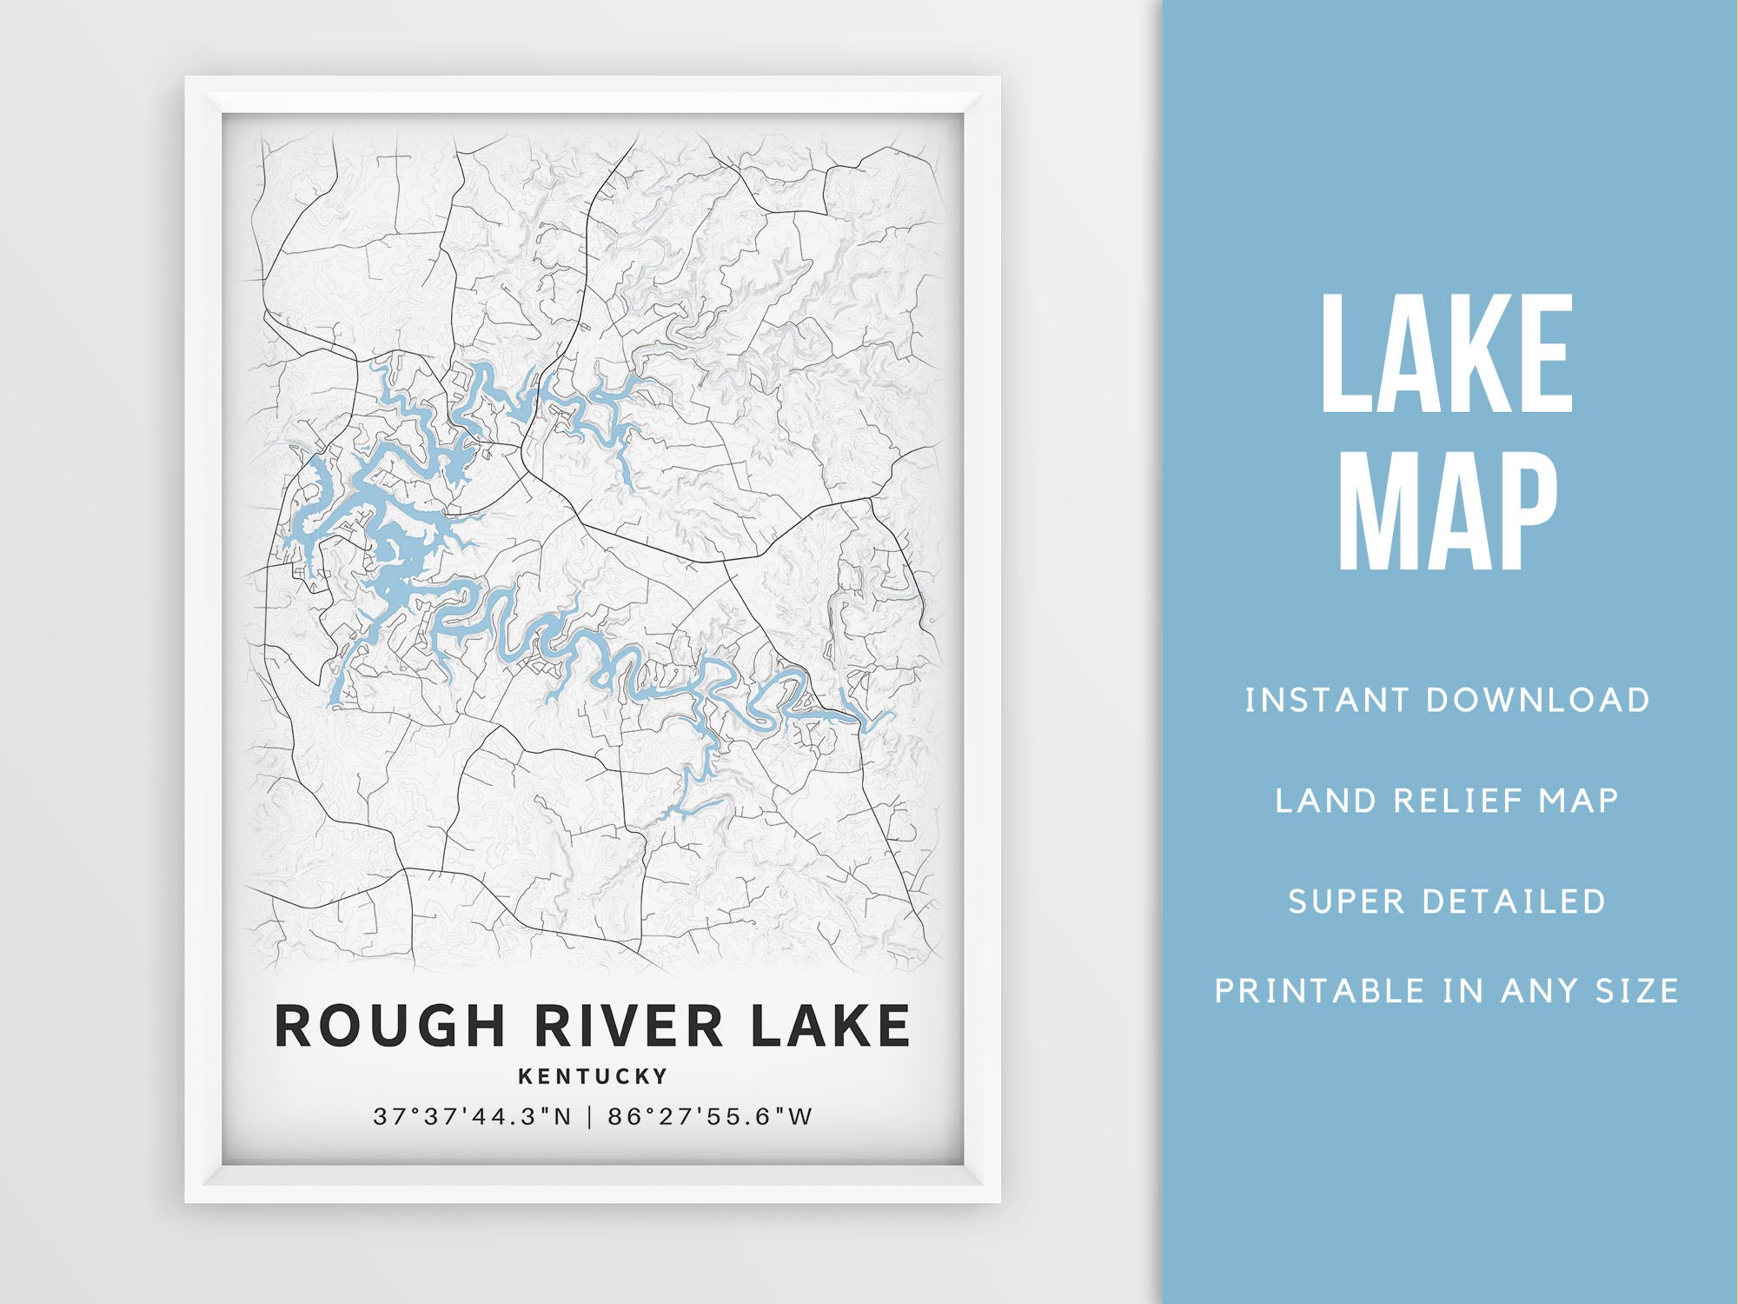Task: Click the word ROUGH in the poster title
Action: [x=389, y=1026]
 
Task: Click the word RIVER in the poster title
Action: [x=628, y=1026]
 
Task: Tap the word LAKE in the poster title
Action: [x=830, y=1026]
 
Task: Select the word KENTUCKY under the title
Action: [x=594, y=1076]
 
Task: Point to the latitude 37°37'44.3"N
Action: [x=473, y=1117]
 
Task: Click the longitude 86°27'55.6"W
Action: [x=710, y=1117]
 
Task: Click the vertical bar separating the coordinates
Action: [x=590, y=1117]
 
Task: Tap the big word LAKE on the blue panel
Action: [x=1447, y=354]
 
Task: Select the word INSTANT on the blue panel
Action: [x=1326, y=701]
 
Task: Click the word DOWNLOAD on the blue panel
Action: [x=1537, y=701]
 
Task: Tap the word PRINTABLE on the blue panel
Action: [x=1320, y=991]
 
